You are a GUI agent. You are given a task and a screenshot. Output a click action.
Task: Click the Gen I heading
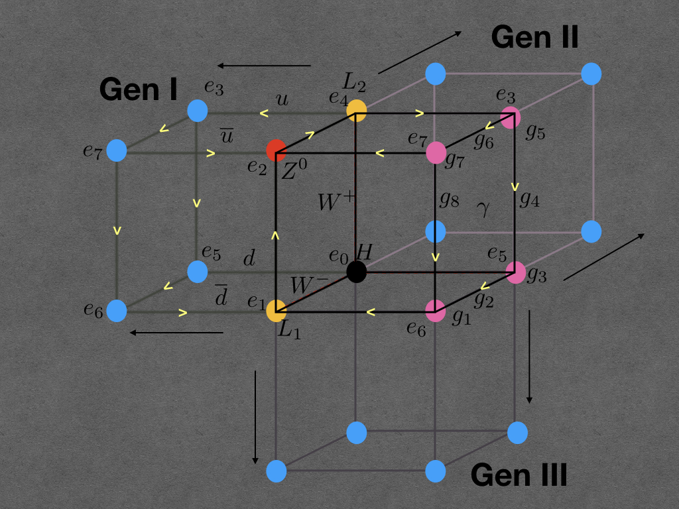[138, 89]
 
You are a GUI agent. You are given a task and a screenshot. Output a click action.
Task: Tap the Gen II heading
[534, 37]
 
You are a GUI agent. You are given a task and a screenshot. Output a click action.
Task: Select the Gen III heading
[519, 475]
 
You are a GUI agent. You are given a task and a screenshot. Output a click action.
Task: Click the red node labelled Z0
[276, 150]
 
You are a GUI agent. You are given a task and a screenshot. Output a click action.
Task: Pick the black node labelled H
[357, 271]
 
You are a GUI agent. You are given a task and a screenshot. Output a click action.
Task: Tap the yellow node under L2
[357, 110]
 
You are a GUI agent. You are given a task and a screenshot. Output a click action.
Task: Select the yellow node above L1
[276, 310]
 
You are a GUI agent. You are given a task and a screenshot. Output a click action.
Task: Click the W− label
[309, 286]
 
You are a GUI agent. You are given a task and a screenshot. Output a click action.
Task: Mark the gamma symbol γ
[483, 209]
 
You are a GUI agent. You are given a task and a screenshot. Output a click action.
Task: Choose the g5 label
[535, 133]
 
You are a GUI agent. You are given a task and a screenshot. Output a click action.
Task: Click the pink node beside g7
[436, 152]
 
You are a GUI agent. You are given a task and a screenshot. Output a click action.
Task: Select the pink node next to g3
[516, 272]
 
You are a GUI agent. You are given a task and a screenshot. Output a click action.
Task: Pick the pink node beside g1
[436, 310]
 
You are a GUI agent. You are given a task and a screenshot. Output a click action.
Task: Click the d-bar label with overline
[221, 299]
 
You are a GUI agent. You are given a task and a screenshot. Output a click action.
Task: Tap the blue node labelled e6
[116, 310]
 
